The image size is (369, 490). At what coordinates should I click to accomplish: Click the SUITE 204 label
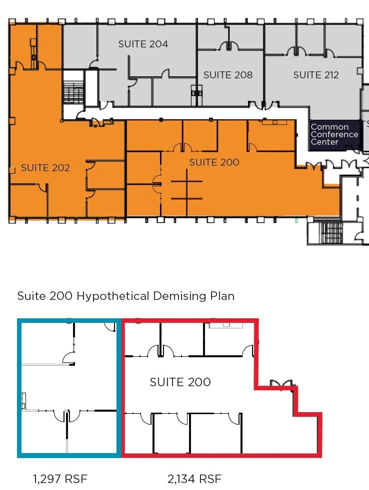143,44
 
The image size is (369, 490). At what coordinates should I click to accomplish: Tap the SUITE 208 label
227,75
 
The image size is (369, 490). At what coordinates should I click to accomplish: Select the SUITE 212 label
315,75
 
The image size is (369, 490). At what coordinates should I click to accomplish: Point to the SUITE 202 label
45,168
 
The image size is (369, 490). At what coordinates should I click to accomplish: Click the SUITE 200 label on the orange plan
214,162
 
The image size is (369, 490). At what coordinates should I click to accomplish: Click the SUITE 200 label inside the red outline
180,382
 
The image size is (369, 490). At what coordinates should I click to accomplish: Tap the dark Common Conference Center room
334,135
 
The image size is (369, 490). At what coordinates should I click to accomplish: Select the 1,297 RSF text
60,479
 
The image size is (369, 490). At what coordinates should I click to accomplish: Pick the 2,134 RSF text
194,479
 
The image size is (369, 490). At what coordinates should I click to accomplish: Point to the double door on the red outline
281,384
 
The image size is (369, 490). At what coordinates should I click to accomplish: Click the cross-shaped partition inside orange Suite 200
186,190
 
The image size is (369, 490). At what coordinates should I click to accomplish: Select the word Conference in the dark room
334,134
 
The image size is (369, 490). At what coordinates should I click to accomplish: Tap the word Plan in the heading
222,296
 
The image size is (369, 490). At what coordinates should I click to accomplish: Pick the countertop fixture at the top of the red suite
225,325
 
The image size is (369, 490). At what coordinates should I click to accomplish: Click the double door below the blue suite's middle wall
66,416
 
